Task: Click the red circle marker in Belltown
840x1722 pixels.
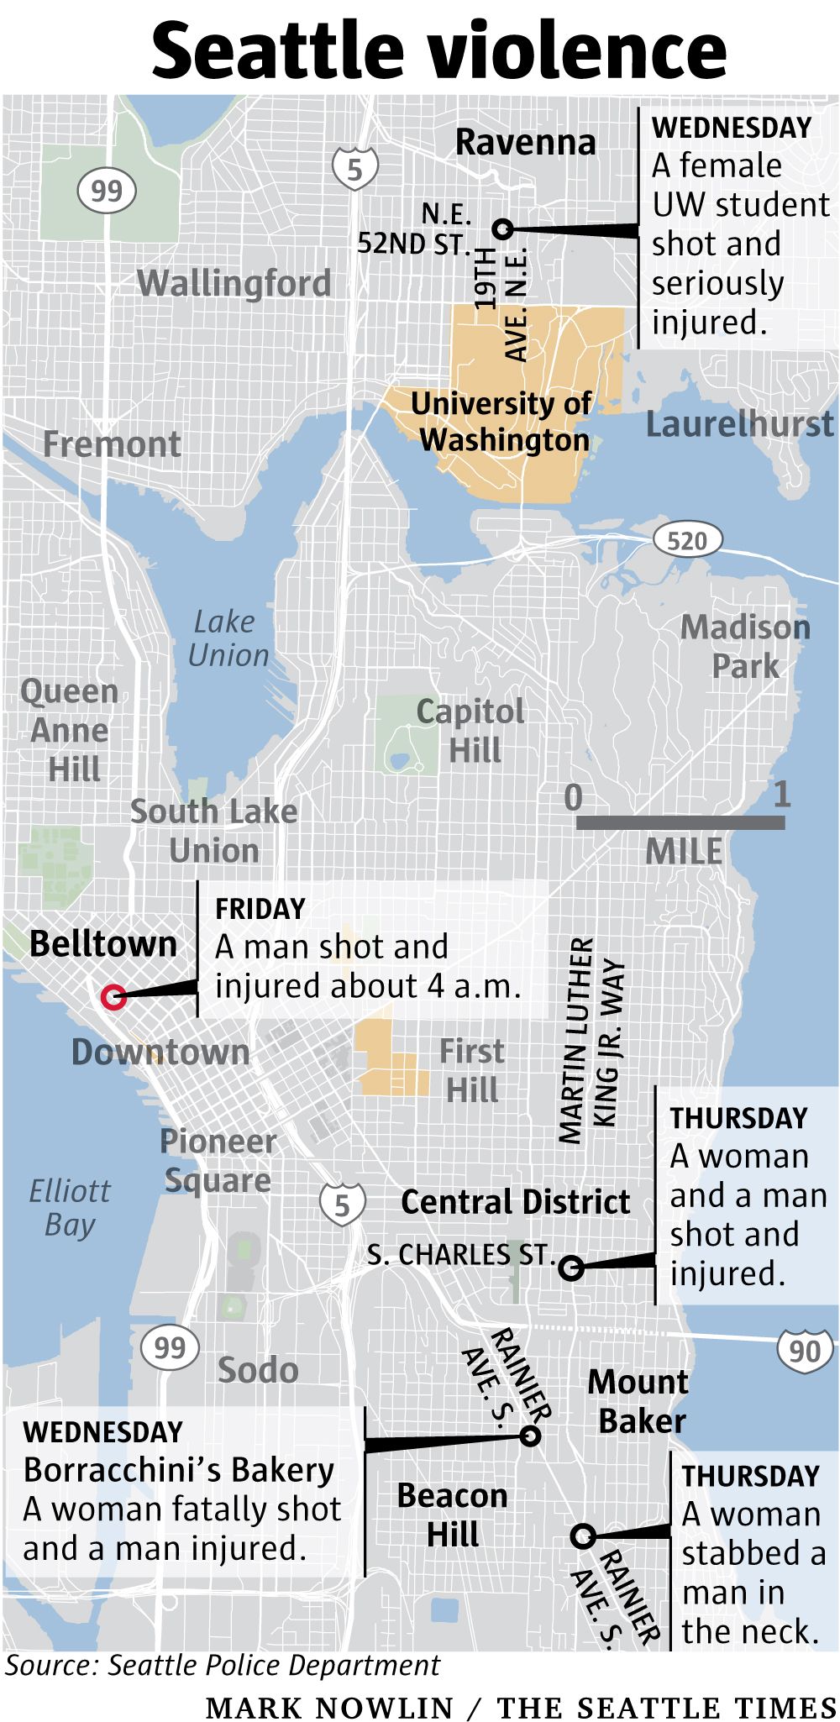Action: [x=113, y=997]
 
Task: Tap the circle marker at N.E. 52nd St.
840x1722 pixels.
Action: [x=503, y=228]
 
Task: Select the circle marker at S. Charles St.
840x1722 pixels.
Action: [x=571, y=1268]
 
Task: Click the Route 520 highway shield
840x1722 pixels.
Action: [x=687, y=540]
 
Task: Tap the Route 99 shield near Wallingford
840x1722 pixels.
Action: [x=106, y=192]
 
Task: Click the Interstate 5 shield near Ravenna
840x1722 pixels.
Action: [x=354, y=168]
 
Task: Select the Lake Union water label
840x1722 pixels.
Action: [x=227, y=638]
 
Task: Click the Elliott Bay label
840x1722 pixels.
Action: [x=69, y=1207]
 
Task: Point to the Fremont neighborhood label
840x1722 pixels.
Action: [x=112, y=444]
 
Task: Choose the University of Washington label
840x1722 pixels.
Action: [x=502, y=422]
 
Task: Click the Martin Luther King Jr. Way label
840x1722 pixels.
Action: [x=591, y=1042]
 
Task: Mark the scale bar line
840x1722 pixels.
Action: [x=680, y=822]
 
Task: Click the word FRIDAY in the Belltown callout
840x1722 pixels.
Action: [x=260, y=909]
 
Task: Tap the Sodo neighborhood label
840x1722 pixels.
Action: [x=258, y=1370]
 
